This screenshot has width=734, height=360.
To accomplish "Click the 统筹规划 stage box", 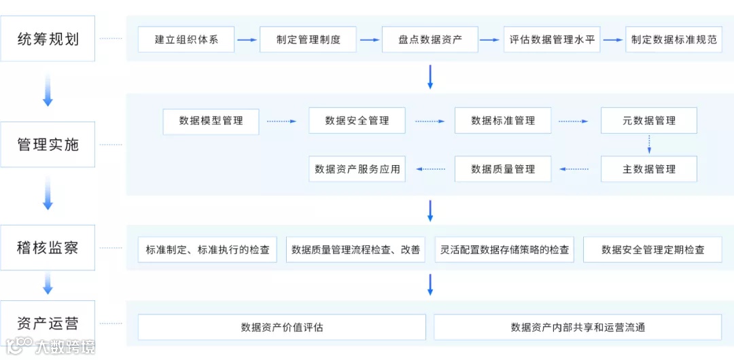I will tap(48, 39).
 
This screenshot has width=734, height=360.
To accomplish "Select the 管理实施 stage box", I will tap(48, 144).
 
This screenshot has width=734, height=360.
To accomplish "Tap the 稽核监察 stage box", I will tap(48, 248).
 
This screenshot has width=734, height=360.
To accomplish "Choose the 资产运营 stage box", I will tap(48, 323).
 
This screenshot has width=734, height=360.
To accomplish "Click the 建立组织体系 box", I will tap(186, 39).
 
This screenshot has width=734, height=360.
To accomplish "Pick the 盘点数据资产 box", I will tap(430, 39).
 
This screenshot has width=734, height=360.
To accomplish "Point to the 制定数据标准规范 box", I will tap(674, 39).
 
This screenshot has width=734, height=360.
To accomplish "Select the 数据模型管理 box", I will tap(211, 121).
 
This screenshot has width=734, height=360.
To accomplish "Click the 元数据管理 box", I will tap(649, 121).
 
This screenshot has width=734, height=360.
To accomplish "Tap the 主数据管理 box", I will tap(649, 169).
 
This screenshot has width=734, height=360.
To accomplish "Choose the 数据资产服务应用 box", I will tap(357, 169).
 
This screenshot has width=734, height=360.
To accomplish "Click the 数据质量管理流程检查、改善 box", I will tap(356, 250).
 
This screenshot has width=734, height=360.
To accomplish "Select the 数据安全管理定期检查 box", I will tap(652, 250).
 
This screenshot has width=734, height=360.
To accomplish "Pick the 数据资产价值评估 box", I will tap(282, 327).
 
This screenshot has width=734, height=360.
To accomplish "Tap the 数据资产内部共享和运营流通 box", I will tap(578, 327).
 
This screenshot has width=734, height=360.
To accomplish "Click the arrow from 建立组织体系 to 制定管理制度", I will tap(247, 40).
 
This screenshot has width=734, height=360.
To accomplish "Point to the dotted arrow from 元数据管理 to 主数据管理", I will tap(649, 144).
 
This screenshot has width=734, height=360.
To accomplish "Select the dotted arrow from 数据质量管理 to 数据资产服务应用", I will tap(431, 169).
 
